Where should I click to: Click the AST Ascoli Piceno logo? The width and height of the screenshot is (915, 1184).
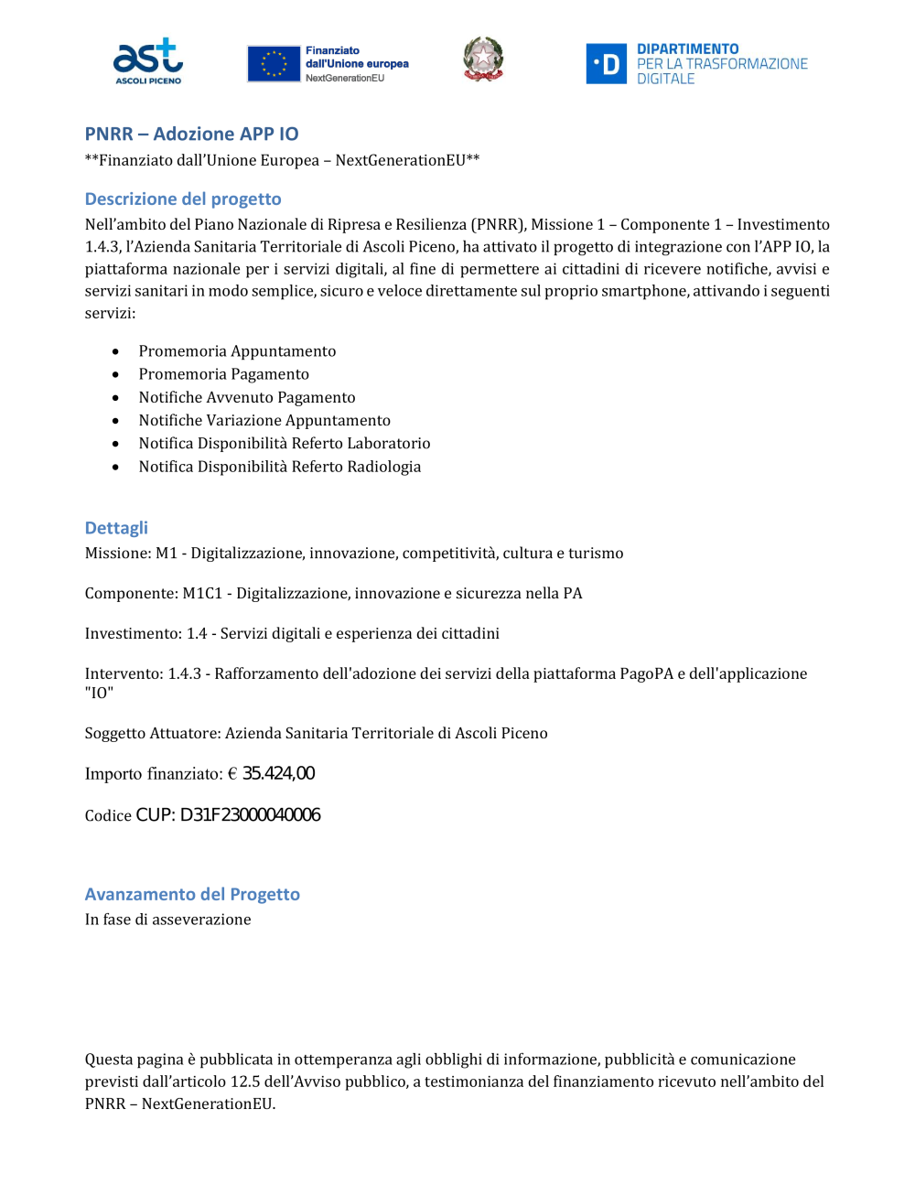[148, 61]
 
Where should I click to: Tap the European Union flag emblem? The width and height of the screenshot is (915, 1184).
[274, 64]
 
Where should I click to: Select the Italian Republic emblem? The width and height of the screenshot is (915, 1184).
[483, 59]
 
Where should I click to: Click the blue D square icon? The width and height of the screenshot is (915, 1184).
[606, 64]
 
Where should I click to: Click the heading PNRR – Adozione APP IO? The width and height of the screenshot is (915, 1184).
[191, 134]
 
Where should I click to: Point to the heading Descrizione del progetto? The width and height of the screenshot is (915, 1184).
[183, 199]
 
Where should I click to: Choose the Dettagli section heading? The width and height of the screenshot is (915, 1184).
[116, 528]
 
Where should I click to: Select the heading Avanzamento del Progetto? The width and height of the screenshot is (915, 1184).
[192, 894]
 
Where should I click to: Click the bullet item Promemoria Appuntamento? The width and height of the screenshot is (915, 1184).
[237, 351]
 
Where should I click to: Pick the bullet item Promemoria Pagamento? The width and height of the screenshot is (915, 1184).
[223, 374]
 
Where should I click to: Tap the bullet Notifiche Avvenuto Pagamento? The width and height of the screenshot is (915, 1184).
[247, 397]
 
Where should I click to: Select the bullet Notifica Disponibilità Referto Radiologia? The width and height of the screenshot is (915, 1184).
[280, 467]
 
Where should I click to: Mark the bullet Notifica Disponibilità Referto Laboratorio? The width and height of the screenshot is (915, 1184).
[285, 444]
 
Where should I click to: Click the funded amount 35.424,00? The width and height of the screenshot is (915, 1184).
[278, 774]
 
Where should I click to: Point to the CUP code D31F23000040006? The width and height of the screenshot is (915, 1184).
[250, 815]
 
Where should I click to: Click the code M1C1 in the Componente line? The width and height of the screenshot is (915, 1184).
[202, 594]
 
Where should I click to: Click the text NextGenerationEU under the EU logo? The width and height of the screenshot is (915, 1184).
[345, 79]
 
